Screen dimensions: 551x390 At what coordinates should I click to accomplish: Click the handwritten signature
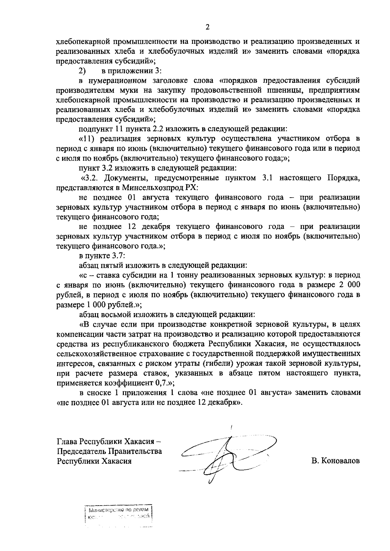pyautogui.click(x=227, y=454)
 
